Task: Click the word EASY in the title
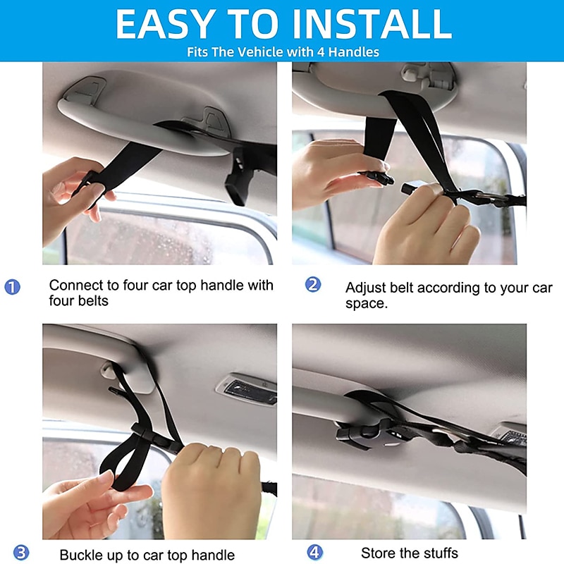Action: click(x=166, y=24)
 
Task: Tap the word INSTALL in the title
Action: click(x=372, y=24)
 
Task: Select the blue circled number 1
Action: click(x=12, y=287)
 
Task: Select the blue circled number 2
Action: click(x=313, y=285)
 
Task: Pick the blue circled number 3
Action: click(x=21, y=553)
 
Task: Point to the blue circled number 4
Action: click(x=314, y=552)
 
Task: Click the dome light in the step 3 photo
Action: click(x=247, y=389)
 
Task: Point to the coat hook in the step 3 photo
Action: click(x=109, y=372)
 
